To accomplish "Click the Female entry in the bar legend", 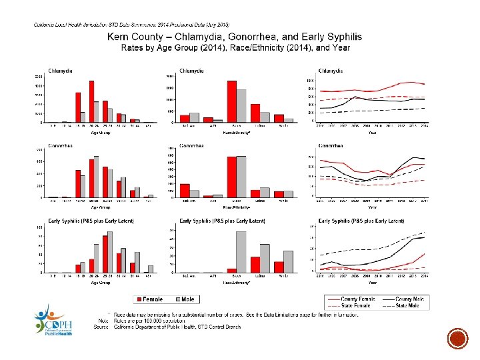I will click(x=152, y=299).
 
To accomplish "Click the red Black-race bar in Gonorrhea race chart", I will click(x=231, y=177).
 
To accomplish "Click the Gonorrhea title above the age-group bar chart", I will click(x=61, y=145).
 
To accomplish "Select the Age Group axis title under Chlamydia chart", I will click(x=100, y=132).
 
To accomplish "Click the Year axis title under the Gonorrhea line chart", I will click(x=373, y=207).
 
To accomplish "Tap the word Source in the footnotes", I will click(x=102, y=327).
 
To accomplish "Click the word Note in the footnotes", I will click(x=103, y=320).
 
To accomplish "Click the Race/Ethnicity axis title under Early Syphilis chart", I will click(x=237, y=283).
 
